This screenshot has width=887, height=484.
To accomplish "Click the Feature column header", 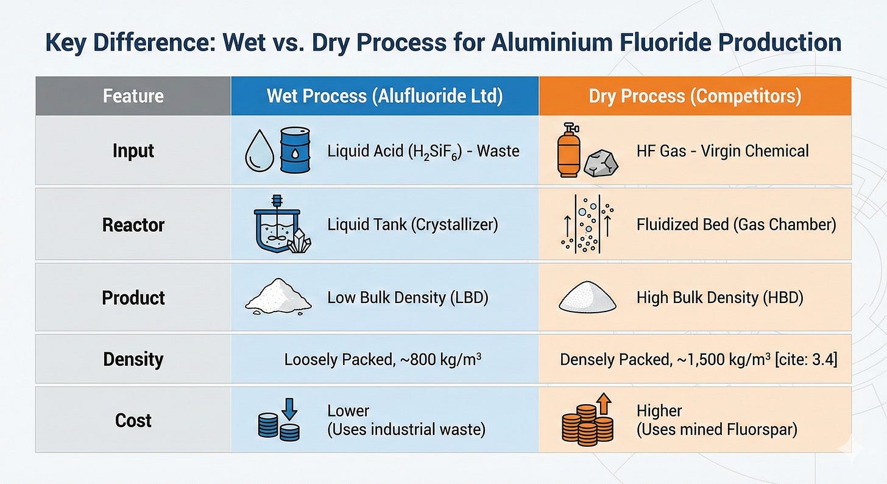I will coord(133,96).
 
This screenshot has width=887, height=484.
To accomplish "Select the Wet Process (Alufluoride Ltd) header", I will coord(384,96).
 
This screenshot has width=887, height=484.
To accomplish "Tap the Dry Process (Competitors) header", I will coord(694,96).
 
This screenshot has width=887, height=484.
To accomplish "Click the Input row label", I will coord(133,150).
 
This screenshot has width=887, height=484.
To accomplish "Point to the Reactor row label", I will coord(133,225).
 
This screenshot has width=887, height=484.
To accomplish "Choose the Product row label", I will coord(133,297).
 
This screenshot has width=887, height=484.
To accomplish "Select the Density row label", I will coord(133,359).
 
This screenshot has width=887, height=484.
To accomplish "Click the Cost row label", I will coord(133,420).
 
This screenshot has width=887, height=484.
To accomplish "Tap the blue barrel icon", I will coord(295,151).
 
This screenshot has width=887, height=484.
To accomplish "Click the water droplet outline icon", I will coord(256,152).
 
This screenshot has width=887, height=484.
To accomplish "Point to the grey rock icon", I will coord(601,163).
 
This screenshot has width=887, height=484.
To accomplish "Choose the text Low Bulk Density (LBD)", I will coord(408,297).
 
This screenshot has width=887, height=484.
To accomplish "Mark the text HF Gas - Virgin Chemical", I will coord(723,150).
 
